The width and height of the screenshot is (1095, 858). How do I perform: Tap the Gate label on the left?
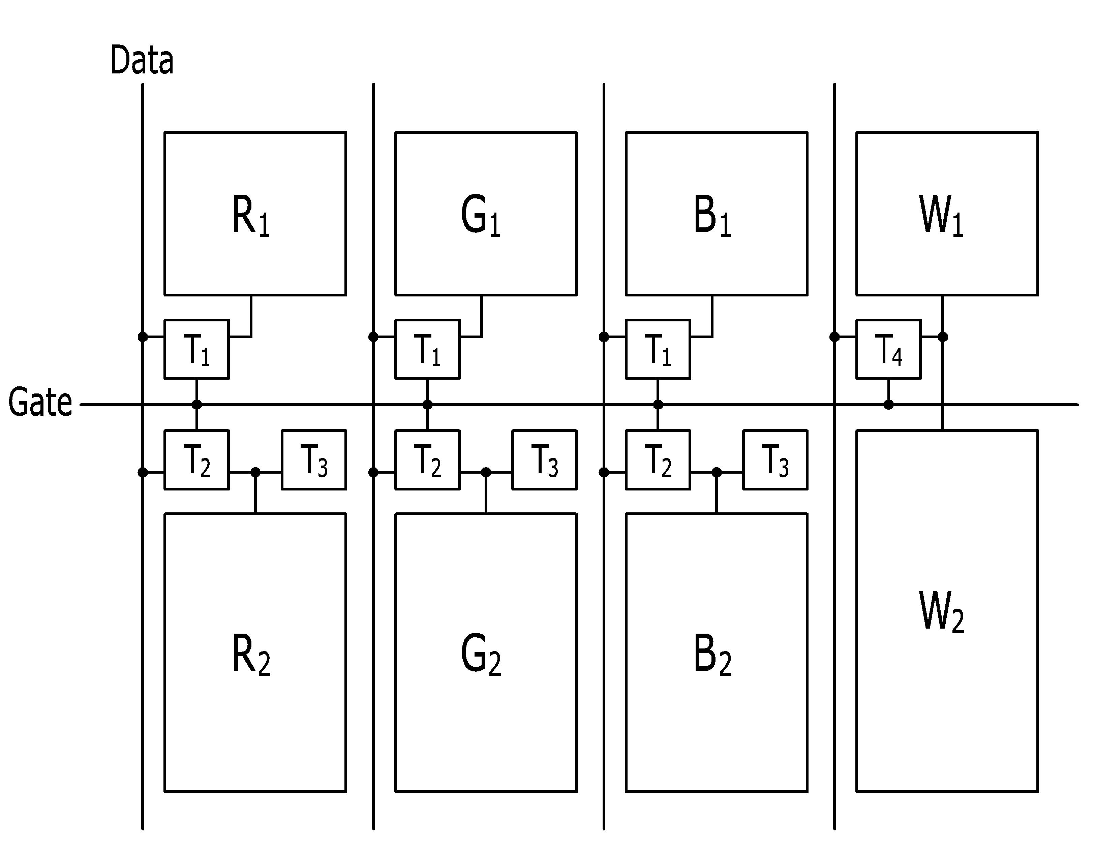coord(40,402)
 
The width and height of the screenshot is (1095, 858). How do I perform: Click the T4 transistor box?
coord(888,349)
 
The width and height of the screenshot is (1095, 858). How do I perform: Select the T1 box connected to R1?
coord(196,349)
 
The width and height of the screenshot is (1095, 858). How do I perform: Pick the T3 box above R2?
coord(313,459)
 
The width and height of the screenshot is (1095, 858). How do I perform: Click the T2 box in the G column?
coord(427,459)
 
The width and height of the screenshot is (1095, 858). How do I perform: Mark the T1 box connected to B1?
coord(658,349)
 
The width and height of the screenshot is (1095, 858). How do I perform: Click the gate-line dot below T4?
coord(888,404)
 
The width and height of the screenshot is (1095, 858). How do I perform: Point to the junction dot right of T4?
coord(943,337)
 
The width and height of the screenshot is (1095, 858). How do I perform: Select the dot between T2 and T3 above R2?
coord(255,472)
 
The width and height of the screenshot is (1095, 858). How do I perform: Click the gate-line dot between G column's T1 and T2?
coord(427,404)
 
